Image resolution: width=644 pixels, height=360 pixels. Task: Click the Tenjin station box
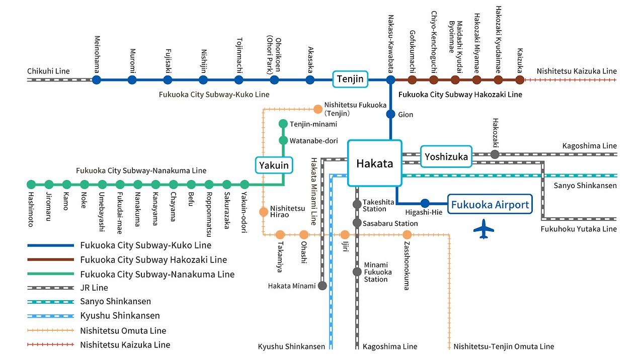350,79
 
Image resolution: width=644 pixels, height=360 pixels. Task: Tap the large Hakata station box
375,163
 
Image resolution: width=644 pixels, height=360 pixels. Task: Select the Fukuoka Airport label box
490,205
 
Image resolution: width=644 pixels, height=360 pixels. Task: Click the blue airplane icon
484,229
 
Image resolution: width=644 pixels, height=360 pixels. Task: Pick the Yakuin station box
274,164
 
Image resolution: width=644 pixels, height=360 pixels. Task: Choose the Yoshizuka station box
446,157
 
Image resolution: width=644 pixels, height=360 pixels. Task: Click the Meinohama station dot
97,79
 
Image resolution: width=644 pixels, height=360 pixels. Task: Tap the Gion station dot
390,114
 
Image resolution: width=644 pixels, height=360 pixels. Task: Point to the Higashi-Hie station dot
425,203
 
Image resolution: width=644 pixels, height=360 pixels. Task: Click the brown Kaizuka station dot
520,79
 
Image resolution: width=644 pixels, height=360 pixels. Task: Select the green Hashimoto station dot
31,185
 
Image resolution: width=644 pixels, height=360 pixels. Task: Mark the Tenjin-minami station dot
283,124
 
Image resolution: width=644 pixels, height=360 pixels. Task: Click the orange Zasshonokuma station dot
407,234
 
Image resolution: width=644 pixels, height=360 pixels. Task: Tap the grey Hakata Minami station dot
322,286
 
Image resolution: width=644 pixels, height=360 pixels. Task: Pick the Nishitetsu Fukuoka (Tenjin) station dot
318,109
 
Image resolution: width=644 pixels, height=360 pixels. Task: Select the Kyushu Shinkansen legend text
120,316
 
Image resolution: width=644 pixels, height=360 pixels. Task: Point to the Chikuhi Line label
48,71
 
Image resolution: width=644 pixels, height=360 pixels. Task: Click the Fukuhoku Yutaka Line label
579,229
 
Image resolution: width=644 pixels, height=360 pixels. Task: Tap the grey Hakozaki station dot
495,154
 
